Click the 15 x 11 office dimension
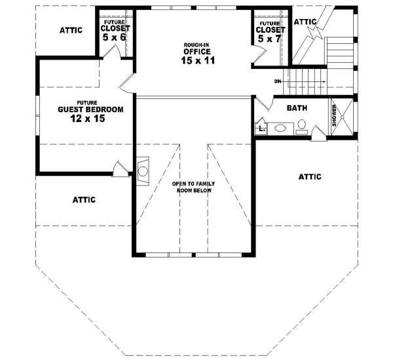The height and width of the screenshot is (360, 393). (197, 60)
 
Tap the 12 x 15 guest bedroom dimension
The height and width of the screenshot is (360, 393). (82, 119)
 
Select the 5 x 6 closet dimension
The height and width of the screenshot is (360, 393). (115, 38)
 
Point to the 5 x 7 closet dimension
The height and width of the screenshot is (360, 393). (271, 39)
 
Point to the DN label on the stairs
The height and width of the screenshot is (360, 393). (278, 81)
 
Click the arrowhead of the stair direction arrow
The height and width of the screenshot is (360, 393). (325, 81)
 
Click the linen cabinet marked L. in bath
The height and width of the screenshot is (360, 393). (261, 129)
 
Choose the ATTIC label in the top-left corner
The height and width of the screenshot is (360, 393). (71, 30)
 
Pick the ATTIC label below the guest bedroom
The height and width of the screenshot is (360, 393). (84, 199)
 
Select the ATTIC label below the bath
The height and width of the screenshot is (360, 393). (310, 176)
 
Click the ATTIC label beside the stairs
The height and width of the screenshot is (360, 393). (305, 22)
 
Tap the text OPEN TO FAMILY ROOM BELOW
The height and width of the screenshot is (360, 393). (194, 188)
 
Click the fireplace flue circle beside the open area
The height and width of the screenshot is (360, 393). (142, 171)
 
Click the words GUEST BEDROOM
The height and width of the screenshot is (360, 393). (82, 110)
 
